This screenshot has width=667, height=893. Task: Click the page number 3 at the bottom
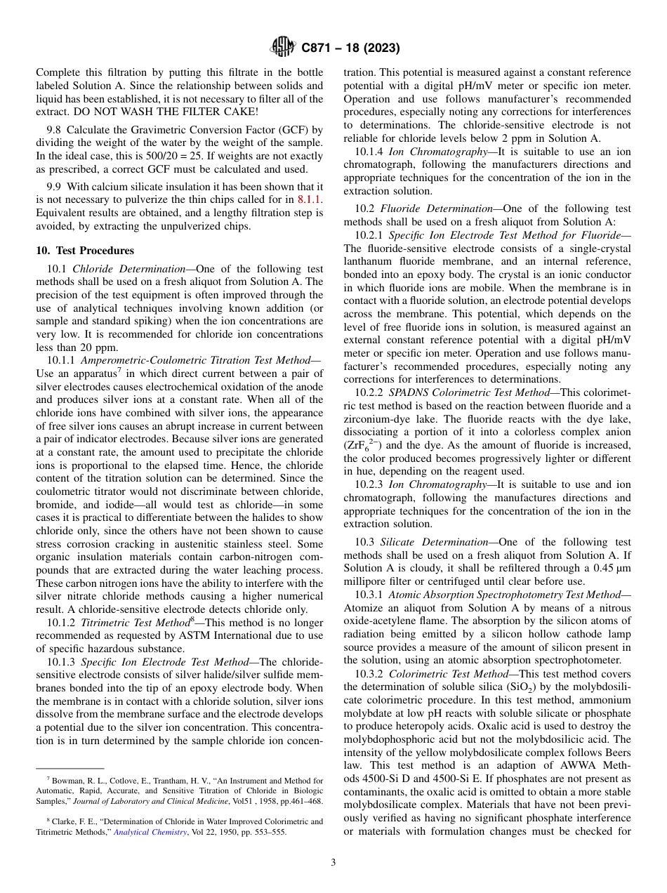[333, 863]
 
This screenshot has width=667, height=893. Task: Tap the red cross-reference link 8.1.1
[310, 200]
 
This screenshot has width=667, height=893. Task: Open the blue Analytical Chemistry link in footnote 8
[150, 832]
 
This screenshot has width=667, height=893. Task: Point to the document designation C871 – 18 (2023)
[350, 48]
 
